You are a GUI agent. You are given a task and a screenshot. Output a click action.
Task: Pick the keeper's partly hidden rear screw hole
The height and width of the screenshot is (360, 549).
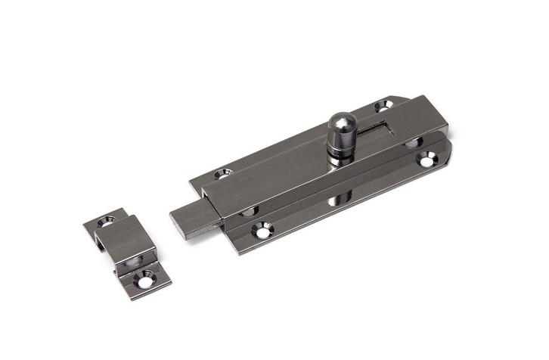coord(104,222)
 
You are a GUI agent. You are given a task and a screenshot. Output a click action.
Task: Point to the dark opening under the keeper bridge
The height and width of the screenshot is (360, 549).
coord(133,260)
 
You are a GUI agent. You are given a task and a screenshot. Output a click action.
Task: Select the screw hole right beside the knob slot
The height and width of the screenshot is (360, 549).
coord(383,107)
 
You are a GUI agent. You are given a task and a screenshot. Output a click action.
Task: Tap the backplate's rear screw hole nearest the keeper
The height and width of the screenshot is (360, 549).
coord(222,173)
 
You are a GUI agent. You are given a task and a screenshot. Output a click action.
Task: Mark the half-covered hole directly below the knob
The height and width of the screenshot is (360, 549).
coord(335,200)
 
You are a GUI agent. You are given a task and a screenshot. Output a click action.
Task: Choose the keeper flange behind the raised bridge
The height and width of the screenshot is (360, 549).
coord(102,222)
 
